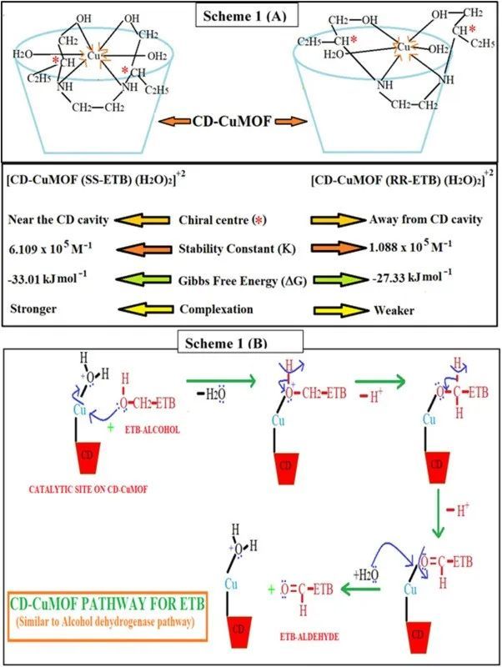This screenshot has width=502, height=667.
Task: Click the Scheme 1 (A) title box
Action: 251,13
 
